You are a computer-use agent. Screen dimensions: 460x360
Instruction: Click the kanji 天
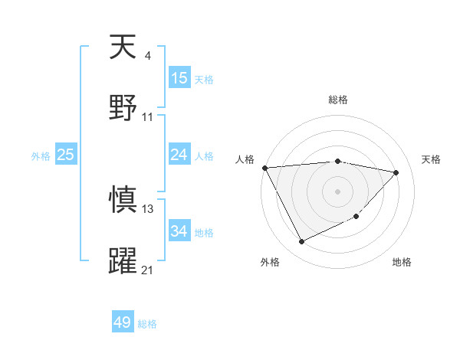tap(123, 48)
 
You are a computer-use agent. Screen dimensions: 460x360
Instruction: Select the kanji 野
tap(123, 106)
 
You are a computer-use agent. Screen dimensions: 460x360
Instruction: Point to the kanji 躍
tap(123, 260)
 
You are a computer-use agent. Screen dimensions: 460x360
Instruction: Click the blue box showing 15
tap(179, 78)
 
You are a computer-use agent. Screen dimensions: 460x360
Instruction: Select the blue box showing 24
tap(179, 155)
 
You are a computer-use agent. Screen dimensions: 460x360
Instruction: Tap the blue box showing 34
tap(179, 231)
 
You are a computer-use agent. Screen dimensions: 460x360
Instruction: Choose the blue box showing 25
tap(66, 155)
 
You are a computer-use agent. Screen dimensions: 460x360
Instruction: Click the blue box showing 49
tap(123, 322)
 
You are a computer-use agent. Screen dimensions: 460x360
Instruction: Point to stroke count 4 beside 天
tap(147, 56)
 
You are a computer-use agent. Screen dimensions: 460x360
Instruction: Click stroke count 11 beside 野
tap(148, 116)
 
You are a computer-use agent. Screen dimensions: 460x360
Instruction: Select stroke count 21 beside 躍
tap(148, 270)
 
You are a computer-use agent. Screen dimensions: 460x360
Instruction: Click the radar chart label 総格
tap(338, 100)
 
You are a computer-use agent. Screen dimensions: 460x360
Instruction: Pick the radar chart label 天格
tap(431, 159)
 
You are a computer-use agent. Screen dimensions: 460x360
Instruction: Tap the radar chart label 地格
tap(402, 262)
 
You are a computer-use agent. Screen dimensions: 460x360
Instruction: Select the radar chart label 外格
tap(270, 262)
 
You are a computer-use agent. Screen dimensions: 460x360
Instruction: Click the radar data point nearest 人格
tap(264, 168)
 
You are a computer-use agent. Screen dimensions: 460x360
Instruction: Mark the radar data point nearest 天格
tap(396, 172)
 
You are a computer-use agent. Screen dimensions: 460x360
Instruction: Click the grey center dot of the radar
tap(337, 191)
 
